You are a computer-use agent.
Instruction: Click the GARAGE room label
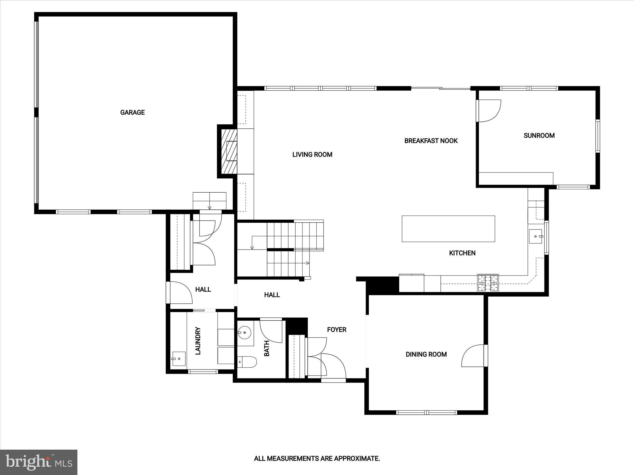pos(132,112)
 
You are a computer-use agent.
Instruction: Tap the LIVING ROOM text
pos(312,154)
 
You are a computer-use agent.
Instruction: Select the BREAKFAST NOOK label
pos(431,141)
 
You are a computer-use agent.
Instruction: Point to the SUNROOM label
pos(539,135)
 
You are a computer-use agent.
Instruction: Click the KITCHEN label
pos(462,253)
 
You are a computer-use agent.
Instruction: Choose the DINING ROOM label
pos(426,354)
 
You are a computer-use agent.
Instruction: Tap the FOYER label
pos(337,330)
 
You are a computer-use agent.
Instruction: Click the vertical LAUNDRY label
pos(198,341)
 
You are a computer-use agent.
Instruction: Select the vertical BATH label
pos(267,348)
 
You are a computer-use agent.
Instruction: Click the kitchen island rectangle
pos(448,229)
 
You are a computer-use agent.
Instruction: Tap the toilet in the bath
pos(248,362)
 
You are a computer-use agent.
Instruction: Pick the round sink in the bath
pos(245,333)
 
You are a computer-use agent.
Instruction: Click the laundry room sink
pos(179,359)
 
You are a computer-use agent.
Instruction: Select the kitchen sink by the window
pos(536,236)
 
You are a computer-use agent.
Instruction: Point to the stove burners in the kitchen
pos(488,283)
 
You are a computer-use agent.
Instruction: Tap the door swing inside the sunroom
pos(489,111)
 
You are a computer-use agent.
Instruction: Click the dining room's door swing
pos(473,356)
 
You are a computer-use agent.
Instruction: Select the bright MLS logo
pos(39,462)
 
